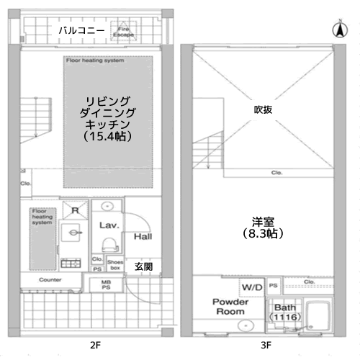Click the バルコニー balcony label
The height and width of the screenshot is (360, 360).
[x=81, y=31]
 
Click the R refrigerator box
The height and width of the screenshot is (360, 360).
[x=75, y=210]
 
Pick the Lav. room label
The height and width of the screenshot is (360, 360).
[x=109, y=225]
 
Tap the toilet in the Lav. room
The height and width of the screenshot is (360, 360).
[x=112, y=243]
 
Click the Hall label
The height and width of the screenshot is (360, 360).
[x=143, y=236]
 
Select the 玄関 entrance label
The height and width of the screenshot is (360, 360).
[x=143, y=266]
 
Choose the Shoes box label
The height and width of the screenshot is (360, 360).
[x=114, y=264]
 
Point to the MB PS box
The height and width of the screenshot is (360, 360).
[x=106, y=284]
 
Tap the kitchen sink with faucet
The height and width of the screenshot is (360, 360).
[x=69, y=234]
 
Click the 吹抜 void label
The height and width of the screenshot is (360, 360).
[x=262, y=110]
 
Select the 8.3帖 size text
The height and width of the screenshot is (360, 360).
[x=262, y=234]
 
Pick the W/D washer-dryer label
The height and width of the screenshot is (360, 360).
[x=251, y=287]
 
